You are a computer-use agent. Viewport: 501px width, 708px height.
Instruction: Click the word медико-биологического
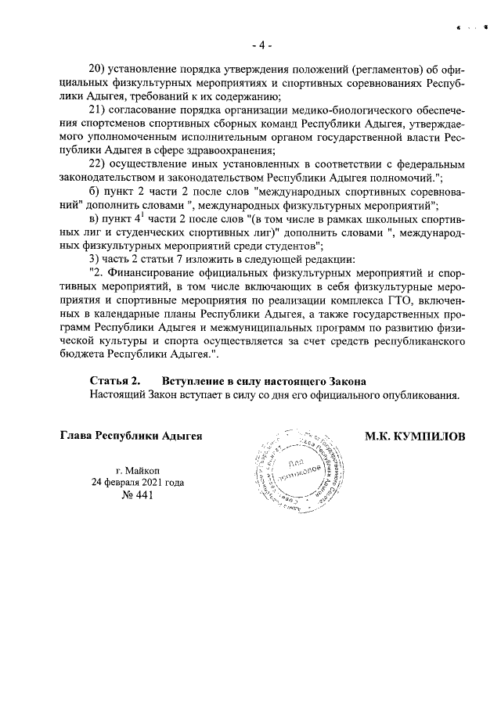tap(344, 109)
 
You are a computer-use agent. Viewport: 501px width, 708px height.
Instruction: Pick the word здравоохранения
tap(259, 149)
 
